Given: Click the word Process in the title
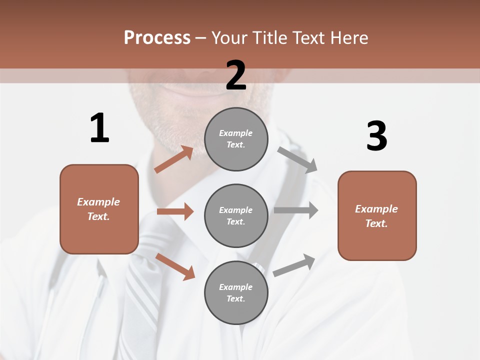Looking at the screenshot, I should pyautogui.click(x=157, y=37).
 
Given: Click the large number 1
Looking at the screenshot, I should pyautogui.click(x=99, y=128).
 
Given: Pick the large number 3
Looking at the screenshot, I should pyautogui.click(x=376, y=136).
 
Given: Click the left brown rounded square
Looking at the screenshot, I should pyautogui.click(x=99, y=209).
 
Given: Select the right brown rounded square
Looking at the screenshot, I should pyautogui.click(x=377, y=216).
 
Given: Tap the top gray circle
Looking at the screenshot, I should pyautogui.click(x=236, y=139).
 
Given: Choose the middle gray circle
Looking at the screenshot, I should pyautogui.click(x=236, y=216).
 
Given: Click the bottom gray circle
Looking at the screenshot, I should pyautogui.click(x=236, y=293).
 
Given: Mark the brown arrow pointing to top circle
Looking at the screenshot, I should pyautogui.click(x=173, y=159).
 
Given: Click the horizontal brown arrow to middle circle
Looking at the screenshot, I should pyautogui.click(x=175, y=211).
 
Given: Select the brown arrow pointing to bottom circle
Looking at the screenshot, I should pyautogui.click(x=175, y=266).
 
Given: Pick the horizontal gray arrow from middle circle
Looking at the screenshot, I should pyautogui.click(x=295, y=210).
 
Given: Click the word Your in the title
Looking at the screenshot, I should pyautogui.click(x=229, y=37).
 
